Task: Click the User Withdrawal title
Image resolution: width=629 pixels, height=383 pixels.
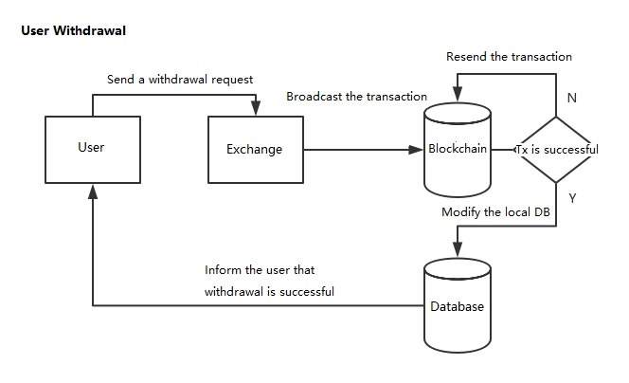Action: pos(73,31)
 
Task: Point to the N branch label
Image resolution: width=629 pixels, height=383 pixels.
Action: pos(572,98)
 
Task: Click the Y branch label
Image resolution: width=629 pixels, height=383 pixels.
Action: pos(572,198)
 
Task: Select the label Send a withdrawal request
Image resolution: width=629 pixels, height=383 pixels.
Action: pos(180,80)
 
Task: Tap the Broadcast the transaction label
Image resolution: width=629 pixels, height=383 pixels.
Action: pos(356,97)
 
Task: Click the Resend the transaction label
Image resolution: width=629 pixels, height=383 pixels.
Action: pos(509,57)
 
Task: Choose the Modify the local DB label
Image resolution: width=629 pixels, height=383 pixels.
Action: pos(495,212)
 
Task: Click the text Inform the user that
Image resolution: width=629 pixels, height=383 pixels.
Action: pos(260,270)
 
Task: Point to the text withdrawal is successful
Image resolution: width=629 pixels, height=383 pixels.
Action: pos(269,291)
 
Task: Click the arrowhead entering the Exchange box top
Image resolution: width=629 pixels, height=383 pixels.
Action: pos(256,108)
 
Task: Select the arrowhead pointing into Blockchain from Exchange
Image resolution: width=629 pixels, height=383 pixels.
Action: pos(416,150)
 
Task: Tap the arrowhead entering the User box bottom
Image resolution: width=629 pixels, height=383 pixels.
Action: pos(93,191)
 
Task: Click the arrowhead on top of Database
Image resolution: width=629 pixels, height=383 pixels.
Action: pos(458,249)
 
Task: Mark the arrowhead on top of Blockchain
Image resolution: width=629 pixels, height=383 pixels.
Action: pos(458,94)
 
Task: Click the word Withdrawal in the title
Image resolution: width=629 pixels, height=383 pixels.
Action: pos(89,31)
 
